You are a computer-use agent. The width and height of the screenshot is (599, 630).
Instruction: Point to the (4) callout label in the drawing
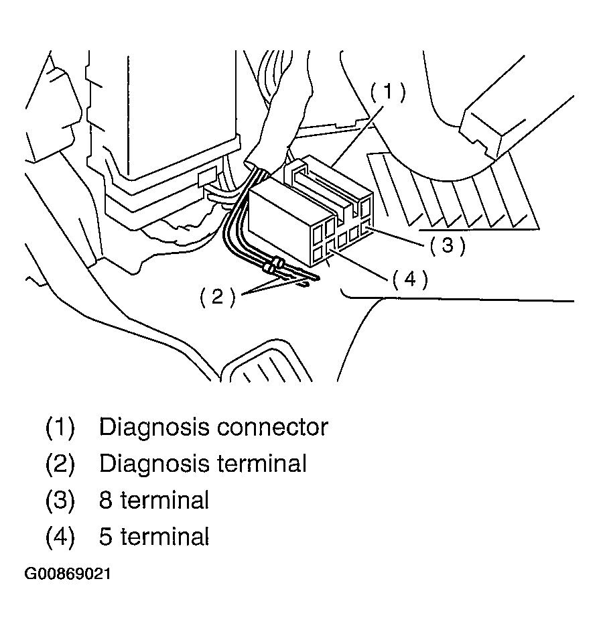[410, 279]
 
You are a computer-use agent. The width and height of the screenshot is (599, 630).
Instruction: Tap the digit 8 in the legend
[106, 500]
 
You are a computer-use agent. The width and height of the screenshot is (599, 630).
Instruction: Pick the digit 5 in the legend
[106, 536]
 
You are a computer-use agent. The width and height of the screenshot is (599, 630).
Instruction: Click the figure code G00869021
[68, 575]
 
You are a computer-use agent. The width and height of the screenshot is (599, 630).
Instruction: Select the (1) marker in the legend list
[60, 428]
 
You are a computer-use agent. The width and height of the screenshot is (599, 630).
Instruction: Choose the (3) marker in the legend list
[60, 500]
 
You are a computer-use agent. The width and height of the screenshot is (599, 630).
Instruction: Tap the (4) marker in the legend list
[60, 536]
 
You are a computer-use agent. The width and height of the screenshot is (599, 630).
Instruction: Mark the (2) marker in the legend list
[60, 464]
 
